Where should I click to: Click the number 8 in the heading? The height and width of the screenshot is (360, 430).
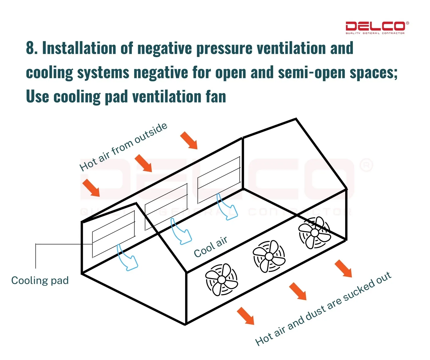30,48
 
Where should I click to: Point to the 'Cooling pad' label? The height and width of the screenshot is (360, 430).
40,280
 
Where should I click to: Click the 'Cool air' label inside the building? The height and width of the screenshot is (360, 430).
211,247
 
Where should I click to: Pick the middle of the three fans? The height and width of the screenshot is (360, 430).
269,257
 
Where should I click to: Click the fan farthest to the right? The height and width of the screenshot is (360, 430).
314,233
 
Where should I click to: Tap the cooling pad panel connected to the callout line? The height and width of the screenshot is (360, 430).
114,234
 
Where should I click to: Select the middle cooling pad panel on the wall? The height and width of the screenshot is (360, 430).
166,206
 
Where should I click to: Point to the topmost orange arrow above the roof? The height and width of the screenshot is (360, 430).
189,140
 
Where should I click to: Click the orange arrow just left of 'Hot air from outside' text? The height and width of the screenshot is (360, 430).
91,188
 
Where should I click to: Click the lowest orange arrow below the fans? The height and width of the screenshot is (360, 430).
246,316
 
